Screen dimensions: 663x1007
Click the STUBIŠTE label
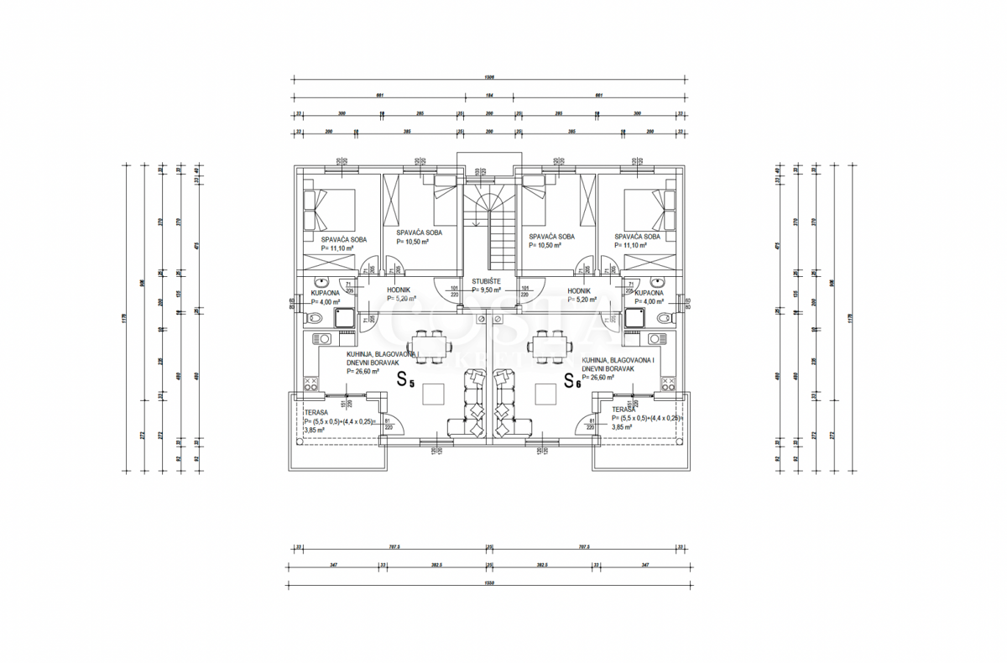[x=486, y=281]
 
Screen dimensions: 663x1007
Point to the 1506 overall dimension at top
[x=489, y=76]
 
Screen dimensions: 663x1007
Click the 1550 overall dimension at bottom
[x=489, y=582]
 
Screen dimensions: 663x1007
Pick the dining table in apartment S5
[x=430, y=345]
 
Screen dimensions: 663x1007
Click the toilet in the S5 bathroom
[x=311, y=317]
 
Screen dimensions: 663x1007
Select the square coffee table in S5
[x=433, y=393]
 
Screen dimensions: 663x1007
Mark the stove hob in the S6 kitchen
[x=669, y=384]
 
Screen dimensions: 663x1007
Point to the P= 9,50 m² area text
[x=486, y=290]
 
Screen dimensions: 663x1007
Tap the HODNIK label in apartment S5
[x=398, y=290]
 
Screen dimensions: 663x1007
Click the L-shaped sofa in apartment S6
[x=507, y=406]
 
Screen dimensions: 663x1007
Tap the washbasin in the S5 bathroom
[x=321, y=282]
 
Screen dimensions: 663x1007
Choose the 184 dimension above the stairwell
[x=489, y=95]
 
